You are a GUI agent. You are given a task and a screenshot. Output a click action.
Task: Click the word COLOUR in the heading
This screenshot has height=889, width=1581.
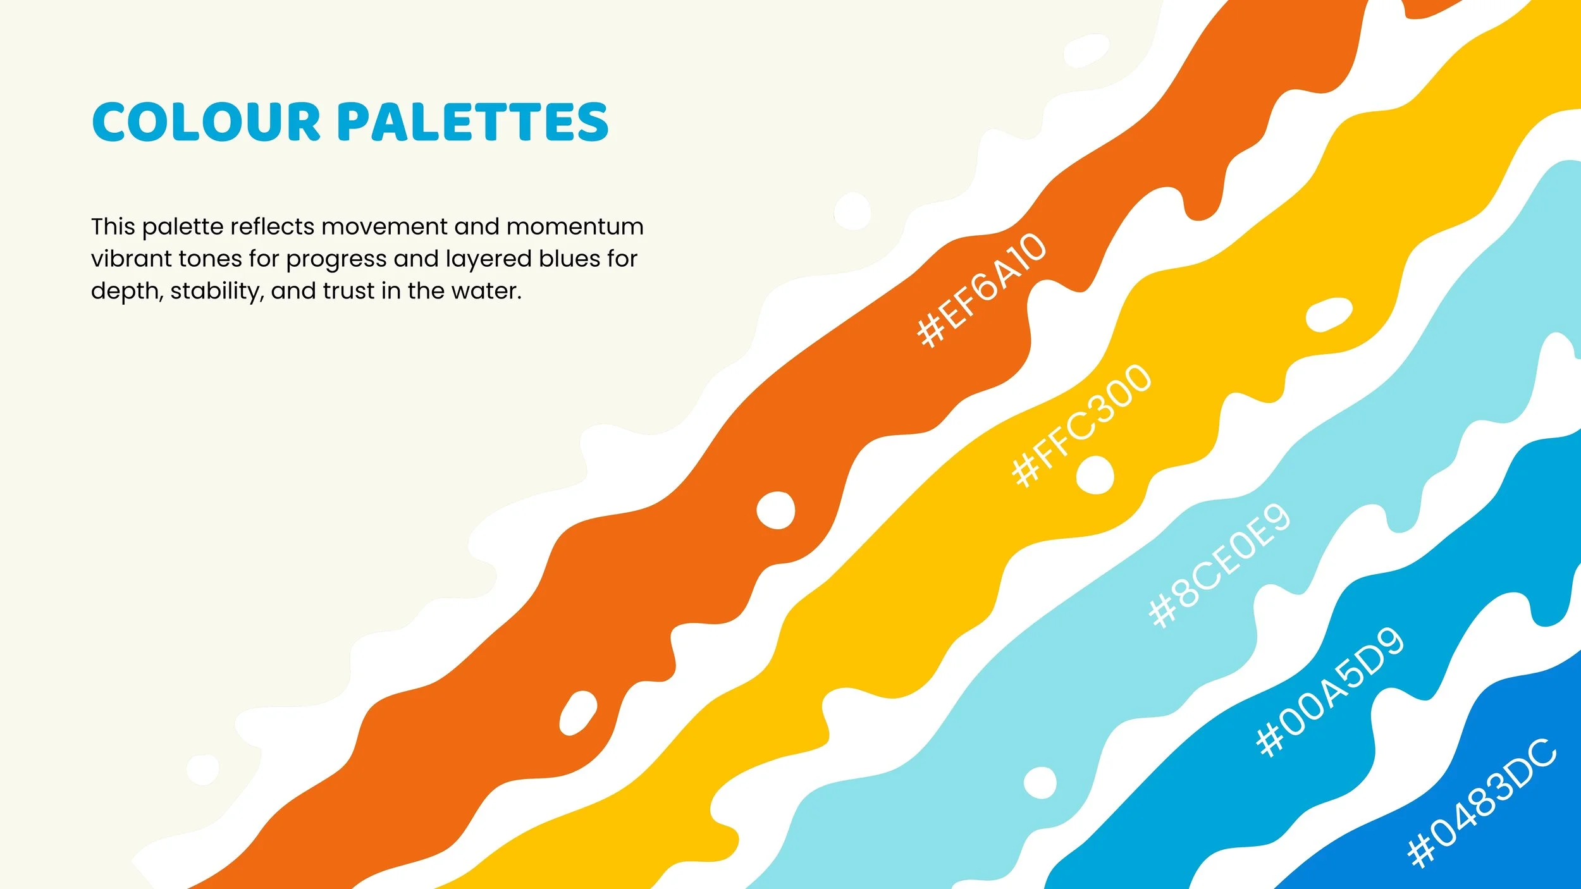(207, 121)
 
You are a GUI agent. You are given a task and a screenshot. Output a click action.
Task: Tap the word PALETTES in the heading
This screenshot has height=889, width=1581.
(473, 121)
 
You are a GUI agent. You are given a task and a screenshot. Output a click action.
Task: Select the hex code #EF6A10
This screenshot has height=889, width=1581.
(981, 290)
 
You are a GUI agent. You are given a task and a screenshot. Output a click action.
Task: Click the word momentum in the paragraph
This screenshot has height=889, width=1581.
(575, 226)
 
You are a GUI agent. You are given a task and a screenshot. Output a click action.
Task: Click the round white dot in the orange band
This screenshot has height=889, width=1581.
(775, 510)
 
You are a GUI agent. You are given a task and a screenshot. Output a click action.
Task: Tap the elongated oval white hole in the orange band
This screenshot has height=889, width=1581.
(578, 713)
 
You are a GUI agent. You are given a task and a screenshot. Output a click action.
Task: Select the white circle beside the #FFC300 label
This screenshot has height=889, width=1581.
(1095, 475)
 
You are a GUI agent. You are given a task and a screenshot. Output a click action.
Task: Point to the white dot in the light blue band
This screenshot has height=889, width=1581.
(1040, 782)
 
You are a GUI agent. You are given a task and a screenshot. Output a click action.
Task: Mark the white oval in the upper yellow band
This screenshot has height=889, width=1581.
(1329, 314)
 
